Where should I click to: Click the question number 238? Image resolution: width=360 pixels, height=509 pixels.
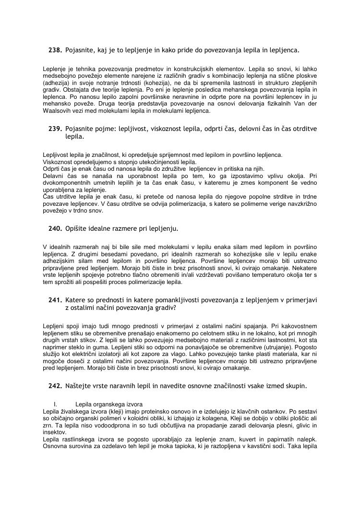[55, 50]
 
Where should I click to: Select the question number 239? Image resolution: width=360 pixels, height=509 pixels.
[55, 129]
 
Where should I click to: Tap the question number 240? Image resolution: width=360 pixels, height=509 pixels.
[55, 228]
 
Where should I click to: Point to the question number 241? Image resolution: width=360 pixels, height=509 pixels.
[55, 300]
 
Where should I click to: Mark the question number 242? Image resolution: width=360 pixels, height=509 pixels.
[55, 386]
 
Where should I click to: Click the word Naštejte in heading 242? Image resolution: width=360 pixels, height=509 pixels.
[80, 386]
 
